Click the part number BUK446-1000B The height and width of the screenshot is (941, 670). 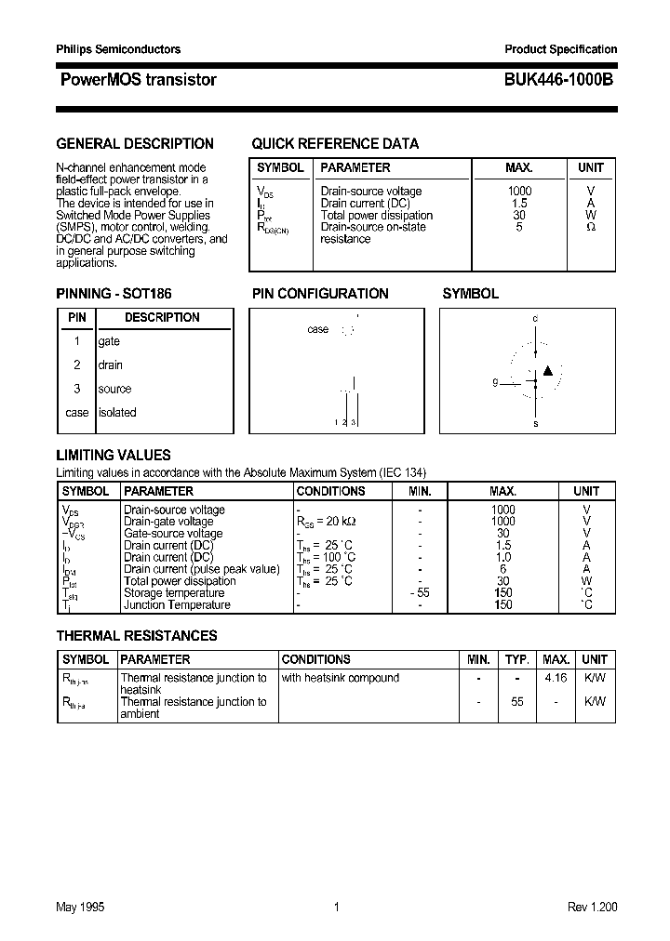[559, 80]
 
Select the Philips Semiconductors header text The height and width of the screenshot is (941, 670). [118, 49]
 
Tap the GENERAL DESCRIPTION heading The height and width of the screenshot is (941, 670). [135, 143]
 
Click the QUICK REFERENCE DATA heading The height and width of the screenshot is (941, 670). [335, 143]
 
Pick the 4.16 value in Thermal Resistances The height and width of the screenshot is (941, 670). [556, 678]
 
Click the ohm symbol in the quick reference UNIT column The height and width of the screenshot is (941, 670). [590, 227]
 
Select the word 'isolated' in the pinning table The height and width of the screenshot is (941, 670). [117, 413]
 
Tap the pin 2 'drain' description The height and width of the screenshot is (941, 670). [110, 365]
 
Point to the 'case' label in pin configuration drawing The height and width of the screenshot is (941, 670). [317, 329]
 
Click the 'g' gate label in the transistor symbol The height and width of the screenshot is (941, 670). [496, 381]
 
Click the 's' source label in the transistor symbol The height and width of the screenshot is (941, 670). [535, 423]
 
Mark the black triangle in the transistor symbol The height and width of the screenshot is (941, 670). [548, 371]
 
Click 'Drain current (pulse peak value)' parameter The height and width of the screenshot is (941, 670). [201, 569]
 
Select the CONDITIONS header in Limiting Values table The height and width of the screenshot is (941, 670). [330, 491]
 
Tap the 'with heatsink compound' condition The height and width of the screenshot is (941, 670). [340, 678]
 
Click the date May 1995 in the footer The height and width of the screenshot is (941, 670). [79, 908]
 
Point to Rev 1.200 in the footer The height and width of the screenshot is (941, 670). [592, 908]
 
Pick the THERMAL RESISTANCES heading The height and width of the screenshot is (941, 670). [137, 636]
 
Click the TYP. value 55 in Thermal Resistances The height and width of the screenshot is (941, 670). [516, 702]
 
